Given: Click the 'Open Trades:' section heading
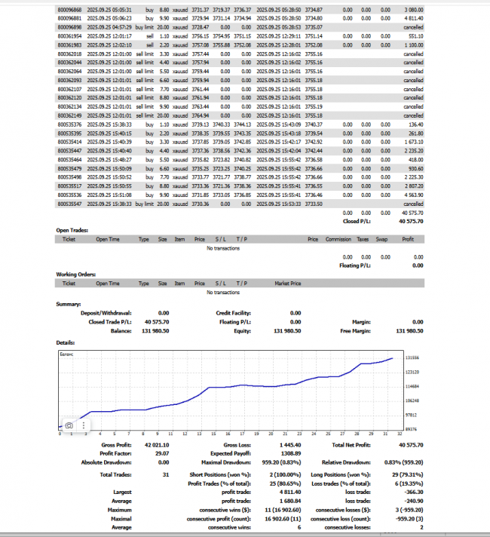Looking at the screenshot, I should click(x=72, y=229).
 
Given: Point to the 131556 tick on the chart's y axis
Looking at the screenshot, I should click(x=412, y=359).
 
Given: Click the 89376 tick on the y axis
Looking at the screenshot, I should click(x=412, y=428).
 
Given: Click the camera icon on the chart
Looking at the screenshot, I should click(x=69, y=425).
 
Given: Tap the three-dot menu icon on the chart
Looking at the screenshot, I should click(x=84, y=425).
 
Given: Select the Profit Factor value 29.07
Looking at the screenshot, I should click(x=159, y=454).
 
